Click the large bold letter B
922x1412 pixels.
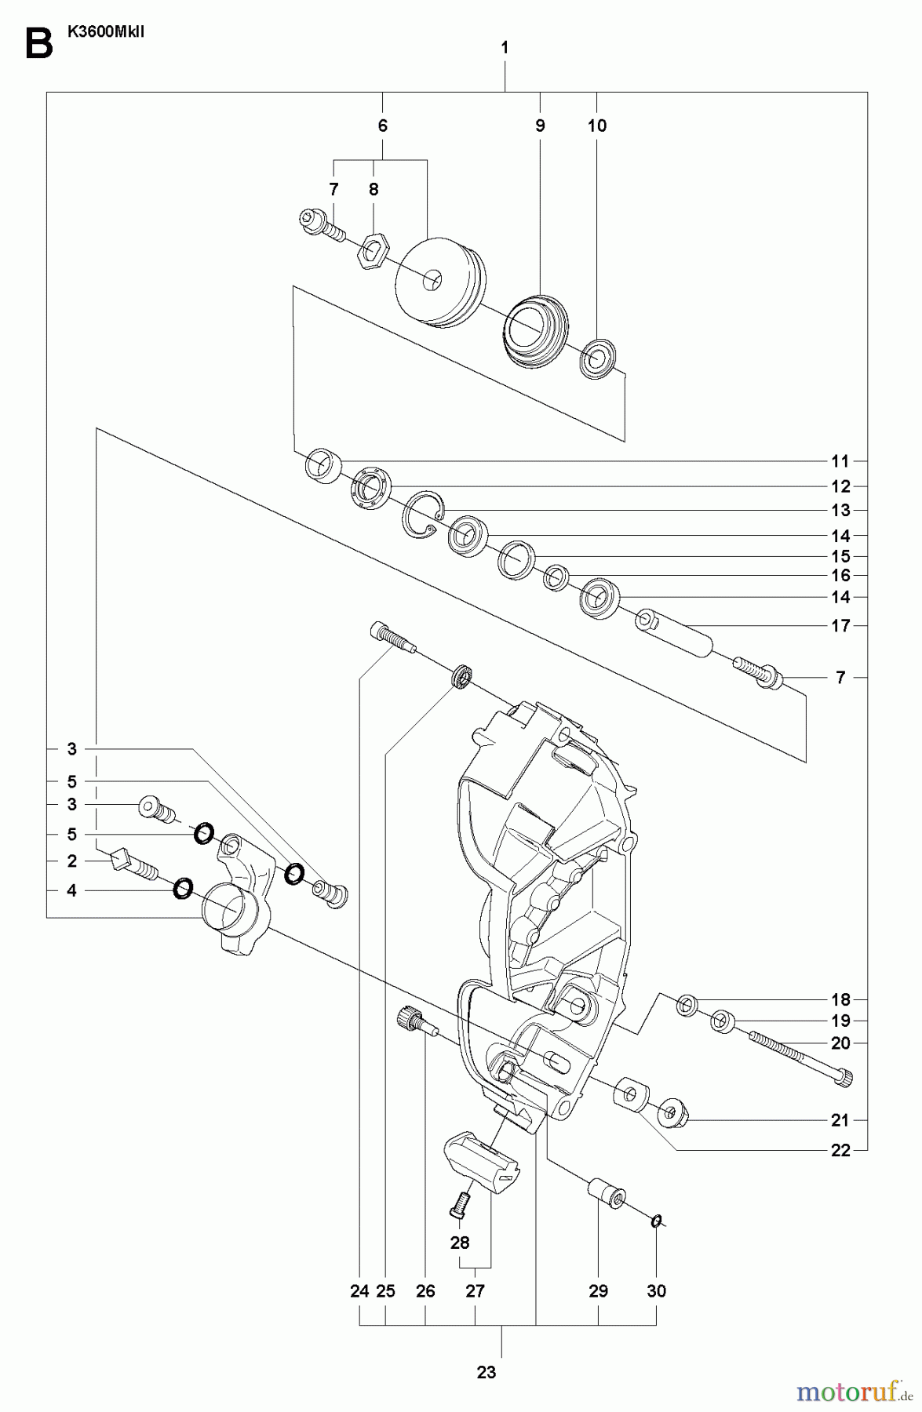[x=38, y=44]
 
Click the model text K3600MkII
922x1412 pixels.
[x=101, y=34]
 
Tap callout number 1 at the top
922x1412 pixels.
[x=505, y=48]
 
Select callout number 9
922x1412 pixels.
[x=540, y=126]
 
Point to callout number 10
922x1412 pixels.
[x=597, y=126]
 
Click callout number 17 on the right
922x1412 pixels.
[x=840, y=626]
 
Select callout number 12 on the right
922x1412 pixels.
[x=840, y=486]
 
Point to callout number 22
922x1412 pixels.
[x=840, y=1151]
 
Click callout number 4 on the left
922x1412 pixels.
[x=71, y=890]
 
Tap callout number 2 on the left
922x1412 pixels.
[x=71, y=861]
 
